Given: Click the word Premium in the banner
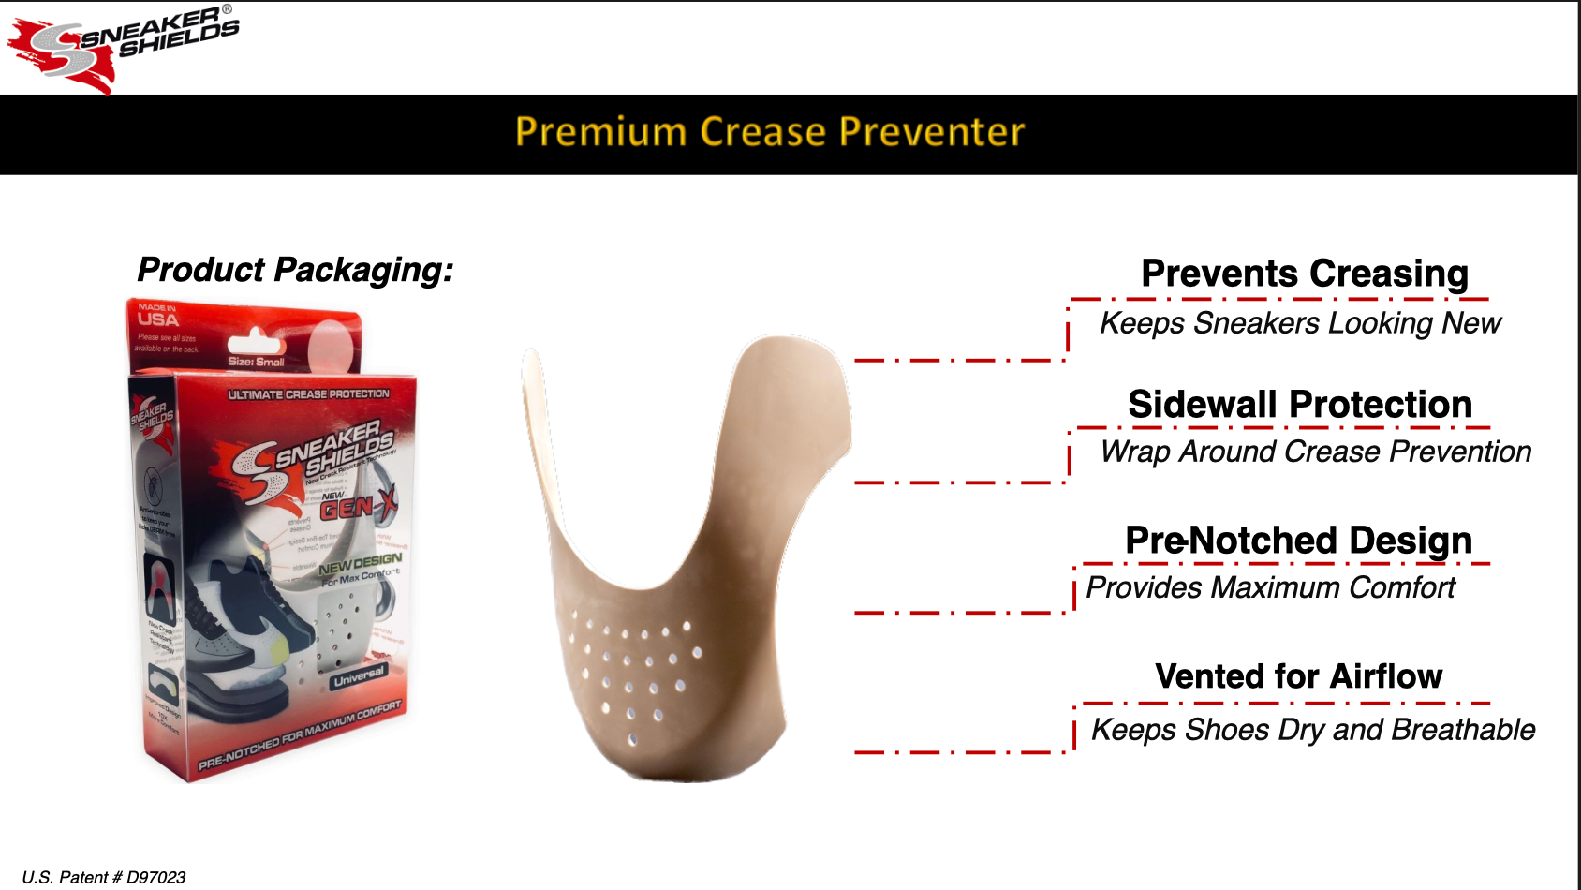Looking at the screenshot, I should [600, 132].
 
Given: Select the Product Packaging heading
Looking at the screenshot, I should [295, 270].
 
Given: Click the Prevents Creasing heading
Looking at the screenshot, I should [1304, 274].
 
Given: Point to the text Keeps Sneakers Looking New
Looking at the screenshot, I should [1300, 323].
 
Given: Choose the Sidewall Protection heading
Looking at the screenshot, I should [1300, 405].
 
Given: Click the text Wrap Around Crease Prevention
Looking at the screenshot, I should [1315, 452].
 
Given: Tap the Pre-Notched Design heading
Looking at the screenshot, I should [1298, 541].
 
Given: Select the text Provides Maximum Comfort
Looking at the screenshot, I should [1270, 587].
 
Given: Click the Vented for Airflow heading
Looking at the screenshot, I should [1298, 676].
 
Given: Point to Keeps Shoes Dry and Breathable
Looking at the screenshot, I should [1313, 730].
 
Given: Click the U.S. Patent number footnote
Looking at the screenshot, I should [104, 877].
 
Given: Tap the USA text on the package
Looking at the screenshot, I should [157, 319].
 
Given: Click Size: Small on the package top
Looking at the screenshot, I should [256, 362].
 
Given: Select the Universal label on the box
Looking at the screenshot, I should [358, 676].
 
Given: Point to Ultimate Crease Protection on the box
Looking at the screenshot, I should [308, 394].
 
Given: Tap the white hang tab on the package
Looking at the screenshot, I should [255, 342].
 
